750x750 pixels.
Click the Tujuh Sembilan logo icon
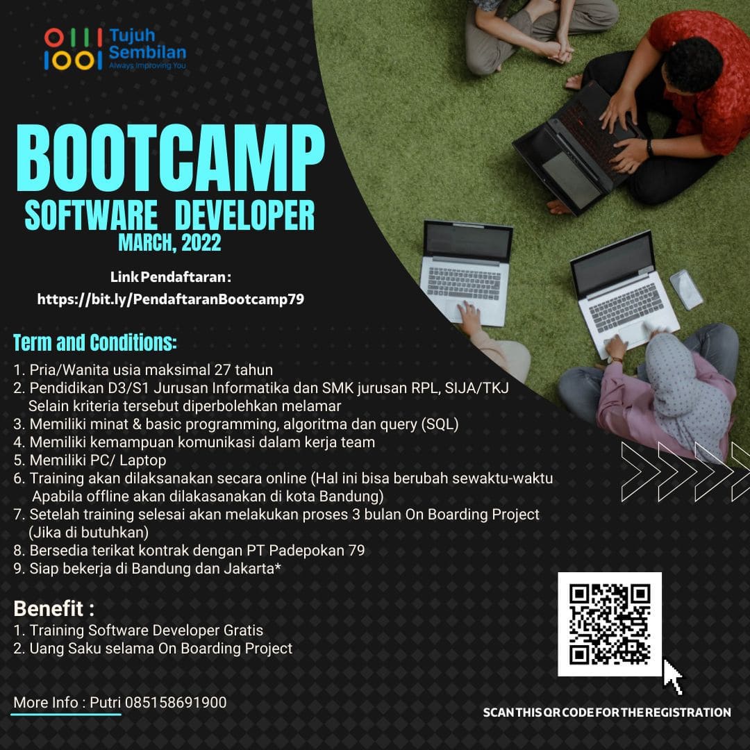73,49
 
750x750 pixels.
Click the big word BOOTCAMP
170,158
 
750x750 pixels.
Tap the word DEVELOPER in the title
244,216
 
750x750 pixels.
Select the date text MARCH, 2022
170,242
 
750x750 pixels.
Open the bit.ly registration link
171,299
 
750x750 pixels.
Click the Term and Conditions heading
95,342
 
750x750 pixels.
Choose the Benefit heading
53,608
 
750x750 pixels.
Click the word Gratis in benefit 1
243,631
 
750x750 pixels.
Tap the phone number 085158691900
176,703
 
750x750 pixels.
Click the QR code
610,624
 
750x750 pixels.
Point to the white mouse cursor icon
672,677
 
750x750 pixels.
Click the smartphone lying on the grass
686,289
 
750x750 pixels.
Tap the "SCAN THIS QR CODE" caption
607,712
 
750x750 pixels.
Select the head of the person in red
693,64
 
